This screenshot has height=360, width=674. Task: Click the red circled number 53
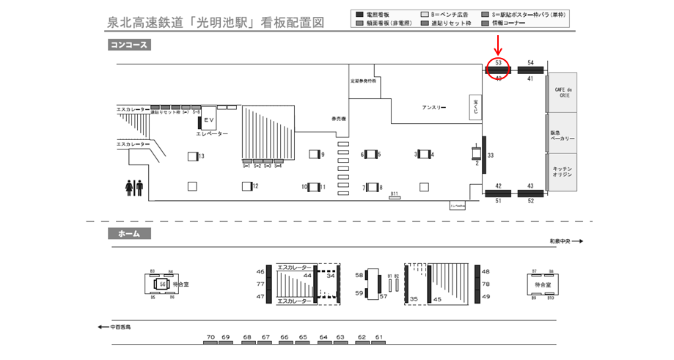[x=498, y=64]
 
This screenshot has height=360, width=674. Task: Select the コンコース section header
[x=129, y=45]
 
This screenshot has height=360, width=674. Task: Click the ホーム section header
[x=129, y=234]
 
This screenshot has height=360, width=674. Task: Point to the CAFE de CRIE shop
[x=563, y=92]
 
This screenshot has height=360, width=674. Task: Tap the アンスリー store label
[x=433, y=108]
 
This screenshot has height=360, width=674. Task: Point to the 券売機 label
[x=338, y=119]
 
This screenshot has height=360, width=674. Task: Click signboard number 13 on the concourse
[x=201, y=156]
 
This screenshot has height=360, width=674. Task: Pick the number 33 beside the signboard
[x=491, y=155]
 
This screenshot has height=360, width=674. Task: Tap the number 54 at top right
[x=530, y=63]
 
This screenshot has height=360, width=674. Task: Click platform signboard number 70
[x=210, y=337]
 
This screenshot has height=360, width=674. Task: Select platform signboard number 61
[x=379, y=337]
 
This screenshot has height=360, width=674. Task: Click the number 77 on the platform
[x=260, y=284]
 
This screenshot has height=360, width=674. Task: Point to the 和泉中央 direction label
[x=562, y=240]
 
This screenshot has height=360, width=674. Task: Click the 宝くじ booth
[x=475, y=106]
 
